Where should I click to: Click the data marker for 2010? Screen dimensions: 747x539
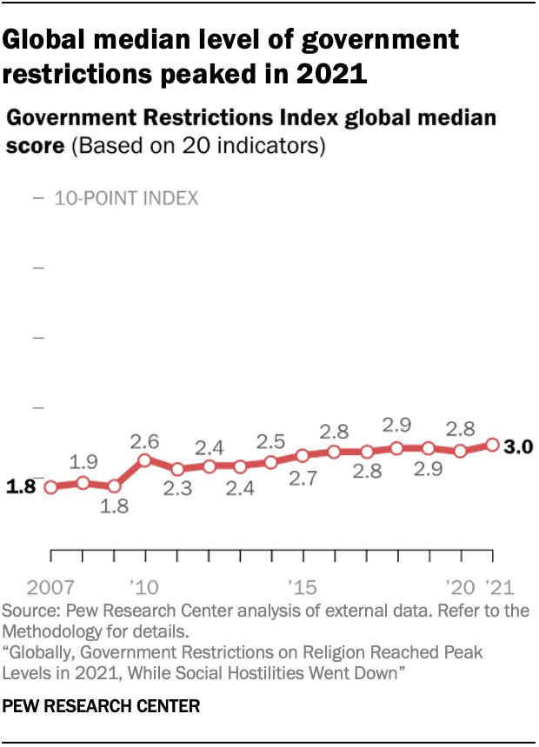point(145,459)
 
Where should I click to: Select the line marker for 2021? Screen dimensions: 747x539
point(492,445)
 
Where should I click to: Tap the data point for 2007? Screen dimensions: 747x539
point(50,486)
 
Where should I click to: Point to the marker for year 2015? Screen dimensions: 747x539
point(303,455)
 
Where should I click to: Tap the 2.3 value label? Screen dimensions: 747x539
point(176,490)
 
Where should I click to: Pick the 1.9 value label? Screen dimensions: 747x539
point(83,461)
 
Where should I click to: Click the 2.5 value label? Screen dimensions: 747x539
point(271,440)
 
